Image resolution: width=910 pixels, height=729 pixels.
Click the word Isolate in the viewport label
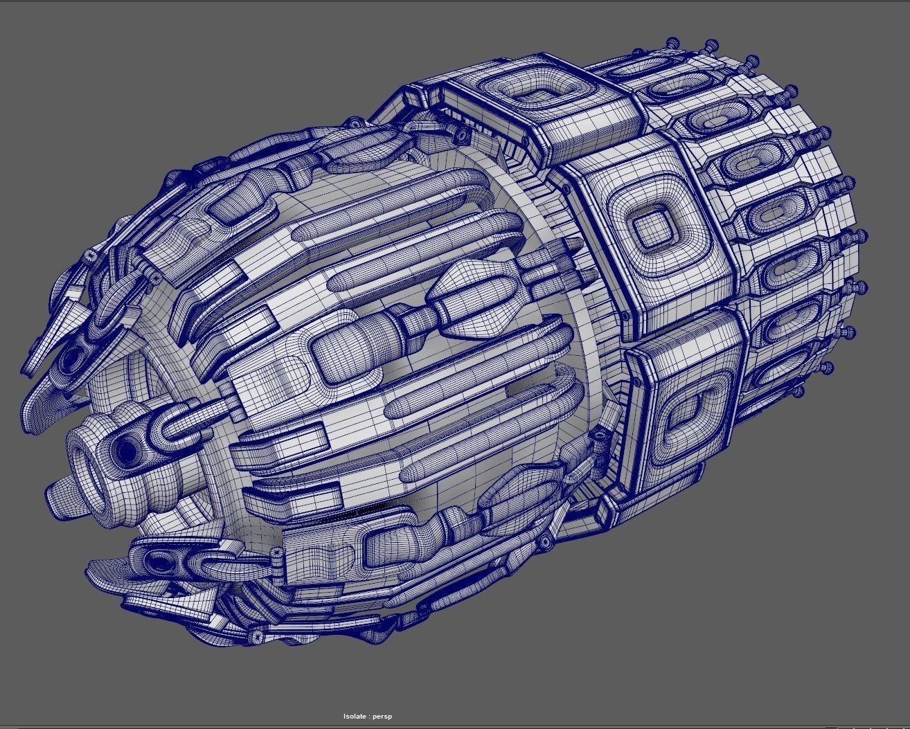coord(355,717)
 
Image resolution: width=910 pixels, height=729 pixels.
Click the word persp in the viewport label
coord(382,717)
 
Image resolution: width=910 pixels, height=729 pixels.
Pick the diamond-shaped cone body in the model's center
coord(471,294)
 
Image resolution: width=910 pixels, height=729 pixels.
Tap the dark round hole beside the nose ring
coord(127,451)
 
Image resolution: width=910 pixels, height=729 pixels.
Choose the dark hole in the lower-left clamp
coord(159,561)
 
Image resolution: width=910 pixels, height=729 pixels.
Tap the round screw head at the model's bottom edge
coord(257,636)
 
